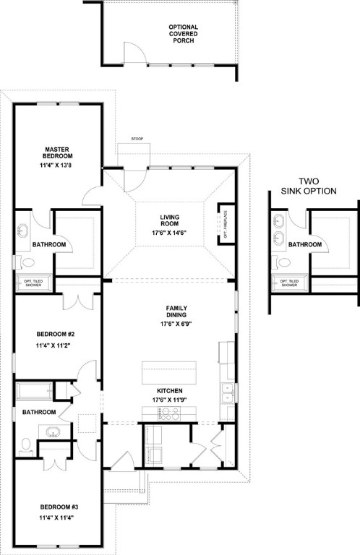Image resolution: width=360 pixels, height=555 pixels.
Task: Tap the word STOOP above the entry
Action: [x=138, y=139]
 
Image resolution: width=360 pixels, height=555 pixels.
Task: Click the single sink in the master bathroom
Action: [x=23, y=231]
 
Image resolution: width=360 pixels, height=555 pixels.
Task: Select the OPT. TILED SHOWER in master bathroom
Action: [x=33, y=284]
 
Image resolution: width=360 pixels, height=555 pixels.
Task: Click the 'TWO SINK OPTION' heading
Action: [x=309, y=186]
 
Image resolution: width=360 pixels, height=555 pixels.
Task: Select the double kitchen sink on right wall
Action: [x=228, y=393]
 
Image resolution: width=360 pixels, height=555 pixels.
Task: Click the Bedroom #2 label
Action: [x=56, y=335]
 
